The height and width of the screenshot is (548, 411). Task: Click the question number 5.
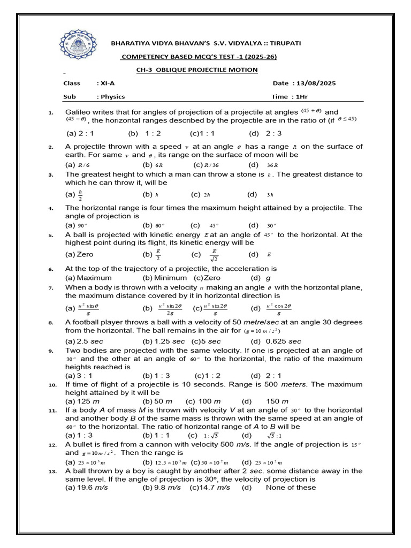(x=50, y=235)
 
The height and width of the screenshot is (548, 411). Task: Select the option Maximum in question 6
(x=94, y=278)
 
